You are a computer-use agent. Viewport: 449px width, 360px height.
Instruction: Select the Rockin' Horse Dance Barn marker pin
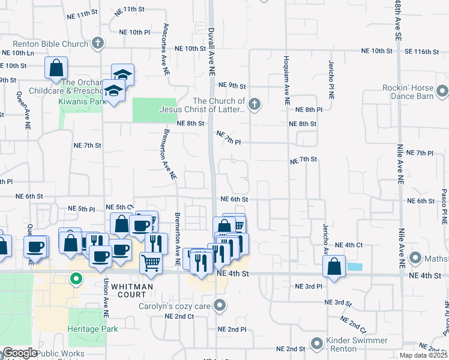point(442,91)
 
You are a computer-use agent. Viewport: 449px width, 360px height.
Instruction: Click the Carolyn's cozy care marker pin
point(220,306)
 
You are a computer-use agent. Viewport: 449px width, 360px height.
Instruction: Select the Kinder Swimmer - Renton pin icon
point(316,344)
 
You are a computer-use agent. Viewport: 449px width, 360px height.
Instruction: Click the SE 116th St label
point(421,52)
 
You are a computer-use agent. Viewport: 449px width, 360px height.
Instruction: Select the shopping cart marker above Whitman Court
point(151,262)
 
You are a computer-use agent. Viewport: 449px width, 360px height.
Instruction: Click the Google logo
point(20,353)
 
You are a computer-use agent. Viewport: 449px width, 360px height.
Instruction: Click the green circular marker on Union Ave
point(76,279)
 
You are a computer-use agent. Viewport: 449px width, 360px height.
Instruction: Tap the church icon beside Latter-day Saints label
point(255,105)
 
